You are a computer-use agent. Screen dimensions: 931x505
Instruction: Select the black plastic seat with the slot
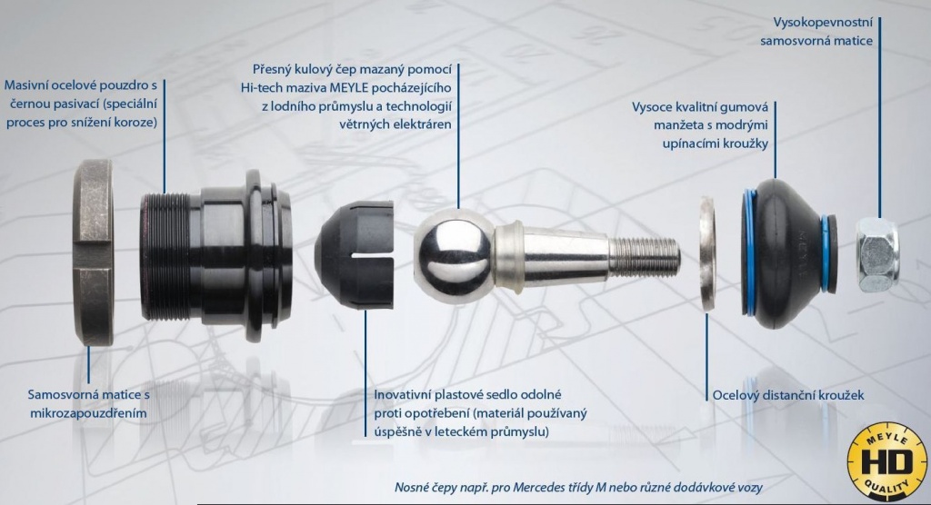355,255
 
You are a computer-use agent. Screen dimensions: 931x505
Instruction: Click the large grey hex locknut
94,252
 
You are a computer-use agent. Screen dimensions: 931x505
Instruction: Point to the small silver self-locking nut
877,254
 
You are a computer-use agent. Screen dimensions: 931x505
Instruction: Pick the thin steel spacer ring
707,254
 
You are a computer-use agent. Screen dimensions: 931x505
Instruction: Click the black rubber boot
790,253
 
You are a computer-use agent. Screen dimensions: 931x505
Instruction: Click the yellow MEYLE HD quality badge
886,461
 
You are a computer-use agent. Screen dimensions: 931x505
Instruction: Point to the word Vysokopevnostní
823,23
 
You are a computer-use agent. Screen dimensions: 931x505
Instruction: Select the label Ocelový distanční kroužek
788,395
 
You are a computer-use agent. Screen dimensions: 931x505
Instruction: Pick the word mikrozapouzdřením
88,413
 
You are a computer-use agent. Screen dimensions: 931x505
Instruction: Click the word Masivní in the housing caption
26,84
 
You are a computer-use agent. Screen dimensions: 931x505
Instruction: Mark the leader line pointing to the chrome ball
458,136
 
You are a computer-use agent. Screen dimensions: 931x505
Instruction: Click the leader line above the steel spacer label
706,357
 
